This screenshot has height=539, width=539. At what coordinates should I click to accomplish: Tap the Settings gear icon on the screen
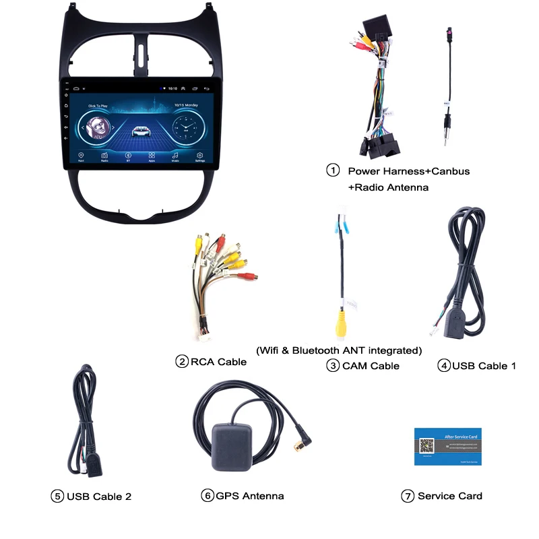click(x=199, y=155)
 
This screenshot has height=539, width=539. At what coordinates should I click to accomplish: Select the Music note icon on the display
click(x=175, y=155)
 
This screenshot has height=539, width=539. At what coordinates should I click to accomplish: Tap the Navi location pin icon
click(x=81, y=155)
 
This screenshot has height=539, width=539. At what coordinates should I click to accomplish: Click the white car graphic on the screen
click(x=141, y=130)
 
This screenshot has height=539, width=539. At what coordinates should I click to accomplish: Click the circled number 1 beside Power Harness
click(x=333, y=170)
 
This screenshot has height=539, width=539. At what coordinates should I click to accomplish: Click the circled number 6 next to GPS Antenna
click(x=207, y=496)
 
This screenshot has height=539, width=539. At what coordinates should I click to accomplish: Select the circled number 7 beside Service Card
click(x=407, y=496)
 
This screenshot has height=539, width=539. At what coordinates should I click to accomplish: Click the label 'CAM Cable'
click(x=371, y=366)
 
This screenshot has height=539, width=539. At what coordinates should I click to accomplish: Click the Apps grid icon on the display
click(x=152, y=155)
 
